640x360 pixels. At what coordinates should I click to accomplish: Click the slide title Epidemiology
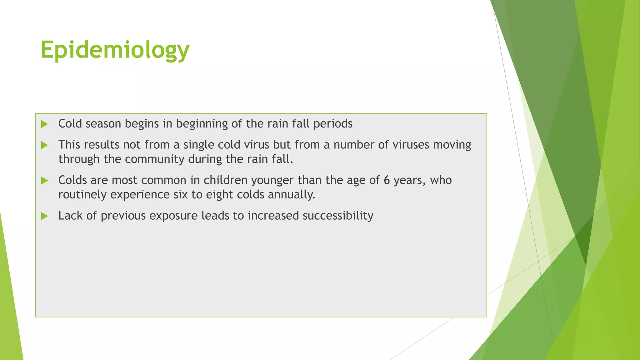point(115,50)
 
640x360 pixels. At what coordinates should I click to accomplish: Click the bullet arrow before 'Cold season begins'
point(44,124)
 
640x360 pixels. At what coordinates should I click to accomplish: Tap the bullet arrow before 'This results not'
point(44,145)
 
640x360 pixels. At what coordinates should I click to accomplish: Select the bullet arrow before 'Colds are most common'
point(44,181)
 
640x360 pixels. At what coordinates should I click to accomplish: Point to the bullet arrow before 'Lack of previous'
point(44,216)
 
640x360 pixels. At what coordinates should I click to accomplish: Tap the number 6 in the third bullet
point(387,180)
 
